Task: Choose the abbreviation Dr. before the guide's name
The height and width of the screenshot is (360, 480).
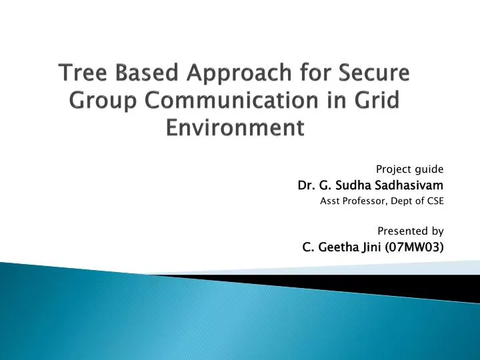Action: (305, 183)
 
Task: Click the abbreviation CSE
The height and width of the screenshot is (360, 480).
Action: (434, 199)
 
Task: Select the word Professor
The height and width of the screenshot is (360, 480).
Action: (363, 199)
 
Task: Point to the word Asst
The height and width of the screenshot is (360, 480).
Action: (331, 199)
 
